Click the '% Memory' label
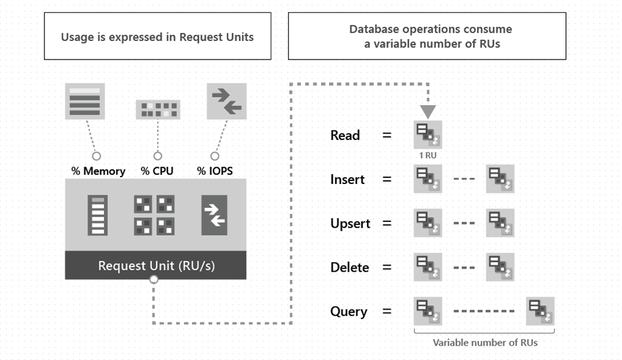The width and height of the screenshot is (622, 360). (98, 171)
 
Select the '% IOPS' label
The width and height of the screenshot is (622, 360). (215, 171)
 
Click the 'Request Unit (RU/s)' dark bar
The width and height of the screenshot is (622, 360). (155, 265)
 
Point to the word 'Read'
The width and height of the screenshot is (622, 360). (345, 136)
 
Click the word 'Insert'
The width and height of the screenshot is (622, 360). (348, 180)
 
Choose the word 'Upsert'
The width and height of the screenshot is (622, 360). (350, 224)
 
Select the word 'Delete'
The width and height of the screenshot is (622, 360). (350, 268)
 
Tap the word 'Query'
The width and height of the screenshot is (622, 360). (349, 312)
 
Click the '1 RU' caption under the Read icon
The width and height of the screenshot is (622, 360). (428, 155)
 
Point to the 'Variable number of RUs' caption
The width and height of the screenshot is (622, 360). (485, 343)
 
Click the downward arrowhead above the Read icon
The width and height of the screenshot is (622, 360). (428, 112)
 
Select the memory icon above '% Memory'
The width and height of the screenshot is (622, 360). (85, 101)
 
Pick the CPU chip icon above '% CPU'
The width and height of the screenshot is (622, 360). (158, 109)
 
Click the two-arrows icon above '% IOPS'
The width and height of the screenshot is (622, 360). (226, 101)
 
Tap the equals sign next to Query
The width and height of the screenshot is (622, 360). (387, 312)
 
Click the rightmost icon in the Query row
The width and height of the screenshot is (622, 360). (540, 311)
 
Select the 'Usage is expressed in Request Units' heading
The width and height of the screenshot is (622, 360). (157, 37)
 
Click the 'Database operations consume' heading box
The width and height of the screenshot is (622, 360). (427, 37)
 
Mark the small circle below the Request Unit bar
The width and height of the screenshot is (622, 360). (154, 280)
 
